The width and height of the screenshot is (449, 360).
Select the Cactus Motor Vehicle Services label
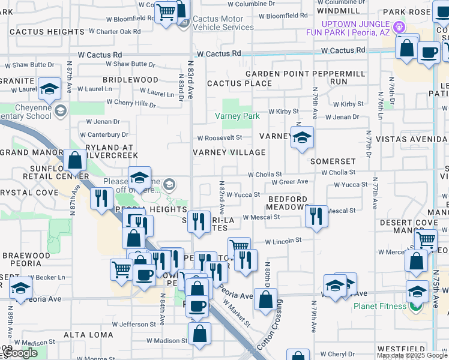point(220,23)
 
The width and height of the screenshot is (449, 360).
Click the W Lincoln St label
point(283,241)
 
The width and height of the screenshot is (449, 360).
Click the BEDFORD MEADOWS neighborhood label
point(288,203)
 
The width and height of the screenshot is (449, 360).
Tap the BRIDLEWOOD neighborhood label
point(130,80)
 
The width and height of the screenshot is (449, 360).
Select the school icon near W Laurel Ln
point(49,89)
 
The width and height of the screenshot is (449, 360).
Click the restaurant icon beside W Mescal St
point(316,217)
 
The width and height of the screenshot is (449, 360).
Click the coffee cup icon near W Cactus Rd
point(428,54)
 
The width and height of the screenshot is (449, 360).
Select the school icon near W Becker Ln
point(20,289)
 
